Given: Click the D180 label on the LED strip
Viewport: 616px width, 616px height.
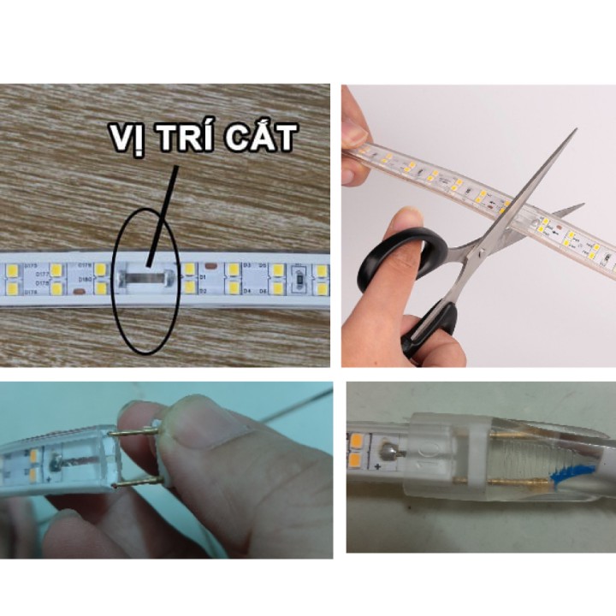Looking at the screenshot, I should point(86,279).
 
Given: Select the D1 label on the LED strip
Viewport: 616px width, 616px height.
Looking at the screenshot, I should point(204,277).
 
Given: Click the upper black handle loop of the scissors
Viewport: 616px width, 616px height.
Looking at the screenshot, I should point(396,258).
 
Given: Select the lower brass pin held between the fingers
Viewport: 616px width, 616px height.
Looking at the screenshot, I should point(137,484).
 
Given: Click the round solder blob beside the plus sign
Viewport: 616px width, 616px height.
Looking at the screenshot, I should point(390,448).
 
